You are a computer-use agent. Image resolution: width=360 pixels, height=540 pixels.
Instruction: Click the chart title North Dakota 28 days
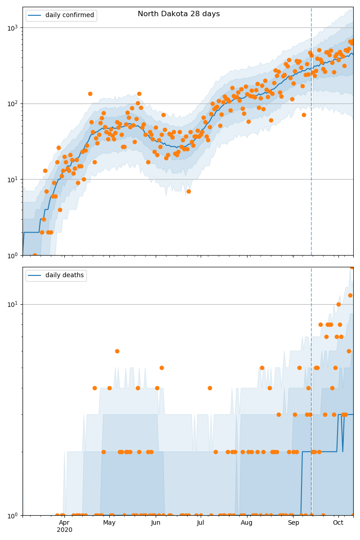(179, 14)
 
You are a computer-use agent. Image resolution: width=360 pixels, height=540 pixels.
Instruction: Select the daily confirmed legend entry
(69, 15)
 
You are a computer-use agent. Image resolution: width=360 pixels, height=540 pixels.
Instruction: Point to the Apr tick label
(64, 522)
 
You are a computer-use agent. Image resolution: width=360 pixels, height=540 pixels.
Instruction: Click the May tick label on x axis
(109, 522)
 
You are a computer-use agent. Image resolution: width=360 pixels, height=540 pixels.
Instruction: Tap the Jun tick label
(156, 522)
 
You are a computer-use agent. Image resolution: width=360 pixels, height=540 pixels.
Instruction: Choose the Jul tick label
(201, 522)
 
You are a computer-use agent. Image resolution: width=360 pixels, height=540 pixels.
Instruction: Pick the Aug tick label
(247, 522)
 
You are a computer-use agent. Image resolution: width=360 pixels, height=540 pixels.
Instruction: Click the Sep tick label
(293, 522)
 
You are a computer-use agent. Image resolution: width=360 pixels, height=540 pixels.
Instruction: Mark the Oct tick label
(338, 522)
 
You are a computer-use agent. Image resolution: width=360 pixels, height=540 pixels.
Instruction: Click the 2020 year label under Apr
(64, 530)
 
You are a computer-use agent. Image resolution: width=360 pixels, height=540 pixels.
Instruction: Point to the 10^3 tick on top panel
(13, 27)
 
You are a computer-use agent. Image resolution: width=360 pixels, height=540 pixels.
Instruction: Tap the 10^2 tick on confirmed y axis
(13, 103)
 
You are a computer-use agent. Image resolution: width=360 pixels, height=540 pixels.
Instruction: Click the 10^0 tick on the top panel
(13, 255)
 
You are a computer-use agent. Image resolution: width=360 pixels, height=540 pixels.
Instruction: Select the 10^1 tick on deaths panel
(13, 304)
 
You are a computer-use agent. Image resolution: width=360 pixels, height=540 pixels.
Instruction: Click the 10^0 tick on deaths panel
(13, 515)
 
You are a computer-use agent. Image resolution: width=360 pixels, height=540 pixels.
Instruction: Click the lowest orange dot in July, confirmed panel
(189, 191)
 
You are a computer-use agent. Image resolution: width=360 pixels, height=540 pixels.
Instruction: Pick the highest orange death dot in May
(117, 351)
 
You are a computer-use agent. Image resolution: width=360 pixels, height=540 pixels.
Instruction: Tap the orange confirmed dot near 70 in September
(304, 115)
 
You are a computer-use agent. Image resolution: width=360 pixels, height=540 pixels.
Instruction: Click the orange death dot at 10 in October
(338, 304)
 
